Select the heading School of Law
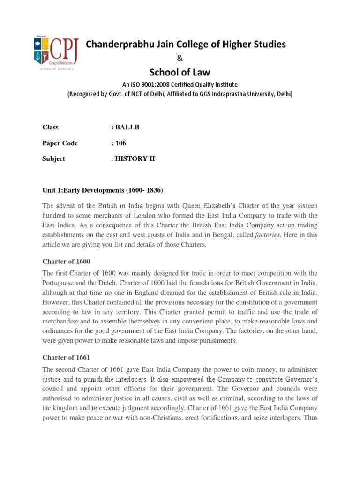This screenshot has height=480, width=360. [180, 72]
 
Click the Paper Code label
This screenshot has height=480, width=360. [60, 143]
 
